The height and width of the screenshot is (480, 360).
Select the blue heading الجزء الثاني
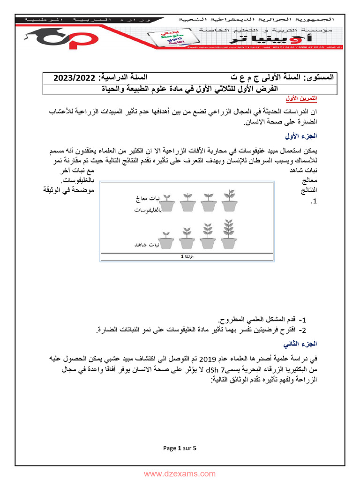(x=301, y=344)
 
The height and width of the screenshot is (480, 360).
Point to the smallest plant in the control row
(x=165, y=239)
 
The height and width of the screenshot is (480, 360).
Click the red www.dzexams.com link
(x=180, y=474)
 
